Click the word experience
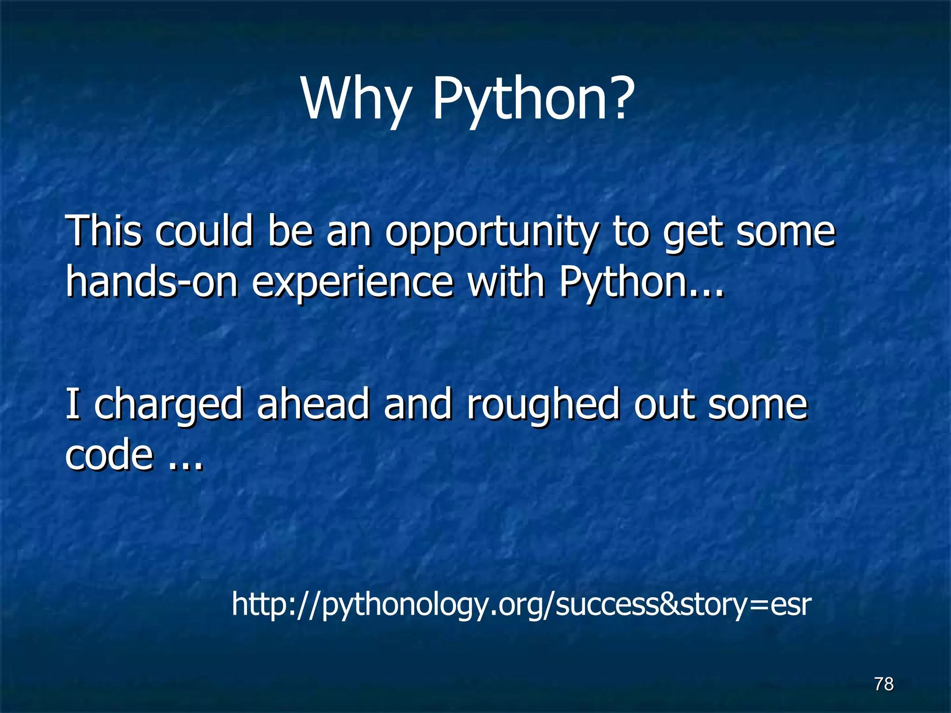[x=352, y=284]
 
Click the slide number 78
[x=884, y=684]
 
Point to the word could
[x=204, y=231]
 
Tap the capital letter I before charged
[x=72, y=404]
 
